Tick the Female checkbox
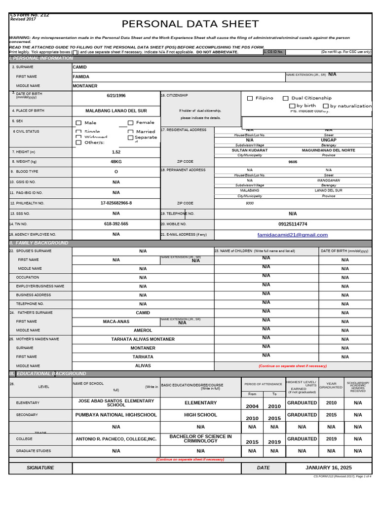(x=131, y=123)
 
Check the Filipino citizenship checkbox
(x=250, y=98)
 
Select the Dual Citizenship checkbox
(x=286, y=98)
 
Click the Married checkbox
(x=131, y=132)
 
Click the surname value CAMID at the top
(x=79, y=67)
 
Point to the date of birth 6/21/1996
(x=116, y=96)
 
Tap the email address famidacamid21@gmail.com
(x=293, y=235)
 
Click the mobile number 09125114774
(x=293, y=224)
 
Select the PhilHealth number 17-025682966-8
(x=116, y=203)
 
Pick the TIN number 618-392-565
(x=116, y=224)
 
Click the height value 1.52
(x=116, y=152)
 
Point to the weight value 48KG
(x=116, y=162)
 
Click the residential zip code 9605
(x=293, y=162)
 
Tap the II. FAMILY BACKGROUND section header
(x=39, y=243)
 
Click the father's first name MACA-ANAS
(x=116, y=322)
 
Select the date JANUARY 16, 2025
(x=329, y=468)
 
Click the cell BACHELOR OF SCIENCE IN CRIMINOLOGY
(x=200, y=438)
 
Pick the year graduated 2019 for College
(x=331, y=439)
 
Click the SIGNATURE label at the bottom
(x=40, y=468)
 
